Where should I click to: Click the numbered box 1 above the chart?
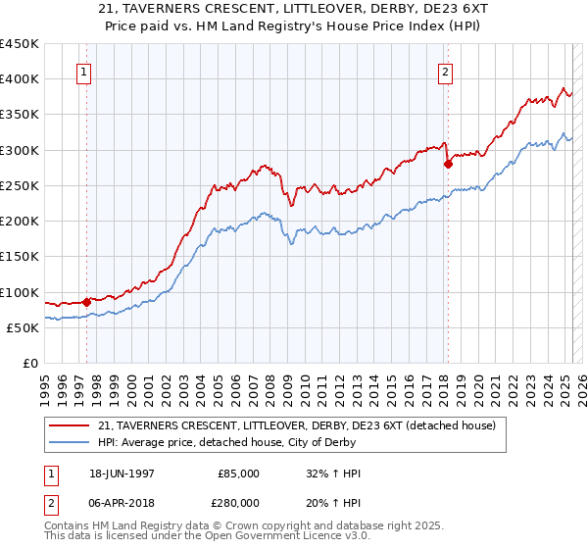[x=84, y=72]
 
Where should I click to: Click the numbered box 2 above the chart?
[x=446, y=72]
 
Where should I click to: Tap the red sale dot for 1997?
[x=86, y=302]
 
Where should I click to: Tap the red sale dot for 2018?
[x=448, y=165]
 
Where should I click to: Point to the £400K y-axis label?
[x=20, y=79]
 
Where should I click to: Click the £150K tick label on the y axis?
[x=20, y=257]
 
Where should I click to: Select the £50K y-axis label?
[x=23, y=327]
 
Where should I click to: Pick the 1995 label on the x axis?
[x=45, y=383]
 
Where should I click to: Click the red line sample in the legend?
[x=71, y=425]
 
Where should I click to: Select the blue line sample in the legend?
[x=71, y=442]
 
